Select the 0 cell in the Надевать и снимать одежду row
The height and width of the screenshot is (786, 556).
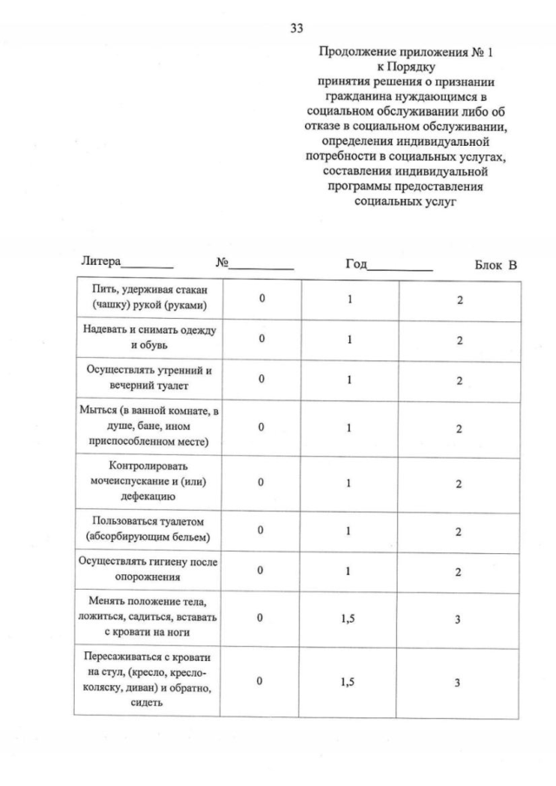point(261,340)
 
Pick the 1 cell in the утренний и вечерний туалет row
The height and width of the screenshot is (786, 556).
point(349,380)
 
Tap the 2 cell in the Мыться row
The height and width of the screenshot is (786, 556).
point(459,428)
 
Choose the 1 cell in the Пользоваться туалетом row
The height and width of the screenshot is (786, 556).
point(349,531)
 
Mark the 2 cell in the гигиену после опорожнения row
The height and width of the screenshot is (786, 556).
point(459,571)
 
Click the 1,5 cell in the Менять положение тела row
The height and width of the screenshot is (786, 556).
point(349,618)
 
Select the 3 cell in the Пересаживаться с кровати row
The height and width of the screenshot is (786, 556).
point(459,682)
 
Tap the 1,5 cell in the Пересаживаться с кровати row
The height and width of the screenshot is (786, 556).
point(349,682)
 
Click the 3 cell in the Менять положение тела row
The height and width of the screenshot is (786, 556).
point(459,618)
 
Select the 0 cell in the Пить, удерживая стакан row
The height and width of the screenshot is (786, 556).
point(261,299)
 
